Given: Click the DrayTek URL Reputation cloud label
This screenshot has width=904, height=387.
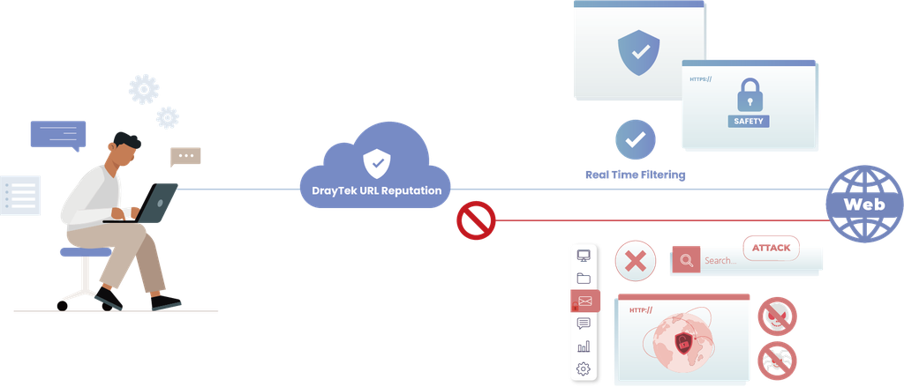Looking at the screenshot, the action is click(x=376, y=190).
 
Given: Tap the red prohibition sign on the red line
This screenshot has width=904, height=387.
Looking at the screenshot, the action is click(x=476, y=220).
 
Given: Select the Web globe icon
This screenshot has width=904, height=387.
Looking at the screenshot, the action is click(x=864, y=205).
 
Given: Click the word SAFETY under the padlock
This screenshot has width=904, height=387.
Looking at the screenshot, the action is click(x=749, y=121).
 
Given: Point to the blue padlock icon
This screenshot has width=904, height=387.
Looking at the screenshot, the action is click(x=750, y=95).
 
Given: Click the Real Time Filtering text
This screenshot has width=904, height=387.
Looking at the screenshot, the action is click(x=636, y=175).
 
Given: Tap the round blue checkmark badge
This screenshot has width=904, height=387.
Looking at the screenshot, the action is click(x=636, y=140).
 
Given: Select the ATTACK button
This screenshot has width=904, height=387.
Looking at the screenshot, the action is click(x=772, y=248).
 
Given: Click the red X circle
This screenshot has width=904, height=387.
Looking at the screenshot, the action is click(x=636, y=262).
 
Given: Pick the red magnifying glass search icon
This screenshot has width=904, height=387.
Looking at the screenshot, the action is click(x=686, y=260).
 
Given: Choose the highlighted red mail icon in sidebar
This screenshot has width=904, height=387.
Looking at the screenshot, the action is click(x=585, y=301).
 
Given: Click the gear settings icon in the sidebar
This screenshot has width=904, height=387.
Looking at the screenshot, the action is click(x=584, y=368).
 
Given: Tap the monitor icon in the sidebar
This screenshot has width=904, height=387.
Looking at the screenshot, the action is click(x=584, y=256).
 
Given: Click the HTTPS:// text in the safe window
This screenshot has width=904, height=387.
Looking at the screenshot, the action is click(x=700, y=78).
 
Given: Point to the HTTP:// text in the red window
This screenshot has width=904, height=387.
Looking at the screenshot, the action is click(x=641, y=310).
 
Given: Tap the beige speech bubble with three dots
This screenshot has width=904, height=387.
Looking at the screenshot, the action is click(x=185, y=157).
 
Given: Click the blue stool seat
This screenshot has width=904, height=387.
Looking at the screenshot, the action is click(x=86, y=252).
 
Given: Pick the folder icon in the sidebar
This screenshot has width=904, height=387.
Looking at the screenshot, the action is click(x=584, y=279).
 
